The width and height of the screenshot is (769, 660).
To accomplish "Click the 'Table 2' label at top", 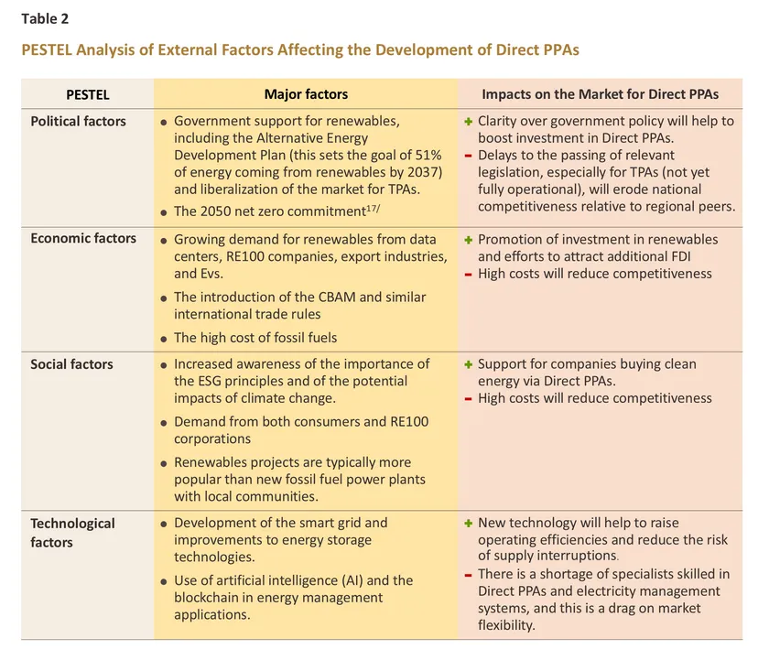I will point(45,18).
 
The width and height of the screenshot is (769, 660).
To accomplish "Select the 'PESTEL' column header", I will point(87,94).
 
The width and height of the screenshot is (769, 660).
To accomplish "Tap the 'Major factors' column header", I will point(306,94).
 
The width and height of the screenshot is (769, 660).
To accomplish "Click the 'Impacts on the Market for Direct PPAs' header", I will point(600,94).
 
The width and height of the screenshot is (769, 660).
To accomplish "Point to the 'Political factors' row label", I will point(78,121).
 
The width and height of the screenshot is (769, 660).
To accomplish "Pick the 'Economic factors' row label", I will point(83,238).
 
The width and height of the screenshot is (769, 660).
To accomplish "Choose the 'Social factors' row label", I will point(71,364).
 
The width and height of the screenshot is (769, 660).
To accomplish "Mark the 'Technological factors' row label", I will point(72,533).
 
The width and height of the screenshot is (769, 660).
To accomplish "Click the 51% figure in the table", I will point(425,155).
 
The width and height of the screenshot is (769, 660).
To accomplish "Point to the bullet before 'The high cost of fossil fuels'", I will point(163,339).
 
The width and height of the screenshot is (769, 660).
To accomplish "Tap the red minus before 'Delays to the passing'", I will point(468,156).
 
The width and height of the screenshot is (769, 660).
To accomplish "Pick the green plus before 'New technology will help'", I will point(468,524).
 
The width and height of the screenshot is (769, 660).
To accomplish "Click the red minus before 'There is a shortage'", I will point(468,575).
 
